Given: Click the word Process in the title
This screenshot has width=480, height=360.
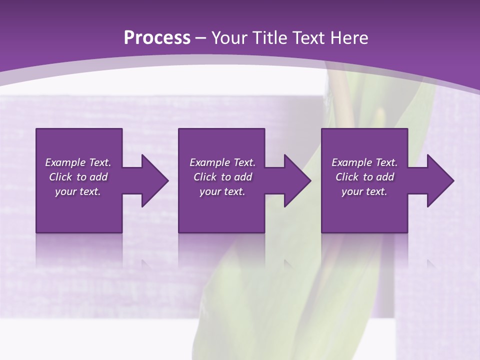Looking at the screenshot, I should click(x=157, y=38).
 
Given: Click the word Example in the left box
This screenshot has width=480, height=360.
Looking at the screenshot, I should click(x=65, y=162).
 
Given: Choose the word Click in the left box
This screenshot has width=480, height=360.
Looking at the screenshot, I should click(x=61, y=177).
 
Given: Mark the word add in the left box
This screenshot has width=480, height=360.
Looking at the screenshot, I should click(x=98, y=177).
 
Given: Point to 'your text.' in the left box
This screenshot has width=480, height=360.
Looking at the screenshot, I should click(x=78, y=191).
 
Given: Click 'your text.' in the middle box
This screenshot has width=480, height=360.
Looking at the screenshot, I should click(x=222, y=191).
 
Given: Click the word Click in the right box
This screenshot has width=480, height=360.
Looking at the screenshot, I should click(x=347, y=177).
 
